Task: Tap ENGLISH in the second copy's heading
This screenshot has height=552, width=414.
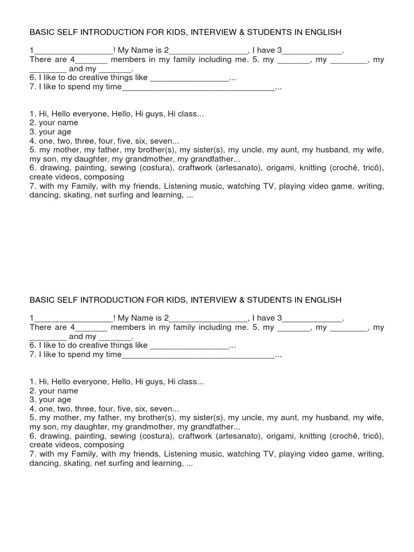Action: coord(316,300)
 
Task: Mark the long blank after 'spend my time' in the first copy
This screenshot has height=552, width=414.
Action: coord(198,87)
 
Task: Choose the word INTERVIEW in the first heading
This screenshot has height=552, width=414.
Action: coord(213,32)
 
